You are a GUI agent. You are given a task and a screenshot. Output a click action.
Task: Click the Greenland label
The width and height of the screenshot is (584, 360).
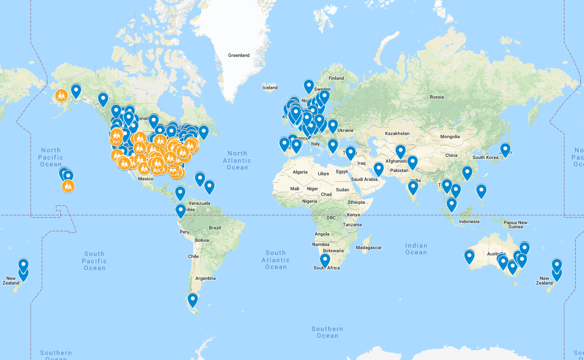click(x=239, y=55)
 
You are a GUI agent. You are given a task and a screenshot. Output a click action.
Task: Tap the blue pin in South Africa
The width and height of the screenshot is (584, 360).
click(x=325, y=259)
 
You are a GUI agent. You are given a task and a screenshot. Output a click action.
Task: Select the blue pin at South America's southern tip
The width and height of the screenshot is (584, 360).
click(x=193, y=300)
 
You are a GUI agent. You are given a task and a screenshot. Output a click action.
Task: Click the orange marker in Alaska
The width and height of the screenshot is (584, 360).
click(x=61, y=95)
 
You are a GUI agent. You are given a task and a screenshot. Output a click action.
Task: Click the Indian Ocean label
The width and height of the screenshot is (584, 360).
click(x=416, y=249)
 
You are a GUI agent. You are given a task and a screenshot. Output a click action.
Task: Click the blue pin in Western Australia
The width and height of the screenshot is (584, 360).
click(x=469, y=256)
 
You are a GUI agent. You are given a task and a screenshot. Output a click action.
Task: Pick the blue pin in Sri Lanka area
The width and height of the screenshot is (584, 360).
click(x=413, y=187)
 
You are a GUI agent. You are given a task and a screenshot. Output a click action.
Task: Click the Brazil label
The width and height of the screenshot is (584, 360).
click(x=215, y=228)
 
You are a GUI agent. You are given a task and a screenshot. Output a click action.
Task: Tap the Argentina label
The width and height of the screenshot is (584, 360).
click(x=206, y=278)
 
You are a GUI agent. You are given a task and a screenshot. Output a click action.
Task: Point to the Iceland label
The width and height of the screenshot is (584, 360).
click(x=270, y=88)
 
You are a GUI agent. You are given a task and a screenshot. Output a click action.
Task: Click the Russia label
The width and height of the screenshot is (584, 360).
click(x=437, y=97)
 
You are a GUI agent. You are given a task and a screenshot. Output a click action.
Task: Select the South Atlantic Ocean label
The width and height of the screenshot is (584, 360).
click(x=276, y=259)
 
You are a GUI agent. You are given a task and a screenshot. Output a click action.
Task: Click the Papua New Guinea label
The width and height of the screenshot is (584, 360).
click(x=516, y=225)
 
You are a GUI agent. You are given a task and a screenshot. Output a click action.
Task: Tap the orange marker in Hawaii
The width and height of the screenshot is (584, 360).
click(x=68, y=185)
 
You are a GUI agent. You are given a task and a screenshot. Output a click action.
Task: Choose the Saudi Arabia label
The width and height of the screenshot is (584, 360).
click(x=364, y=179)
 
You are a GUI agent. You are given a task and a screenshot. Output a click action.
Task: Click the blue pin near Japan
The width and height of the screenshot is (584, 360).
click(x=505, y=150)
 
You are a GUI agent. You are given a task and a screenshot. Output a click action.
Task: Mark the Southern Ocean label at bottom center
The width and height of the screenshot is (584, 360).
click(x=328, y=332)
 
